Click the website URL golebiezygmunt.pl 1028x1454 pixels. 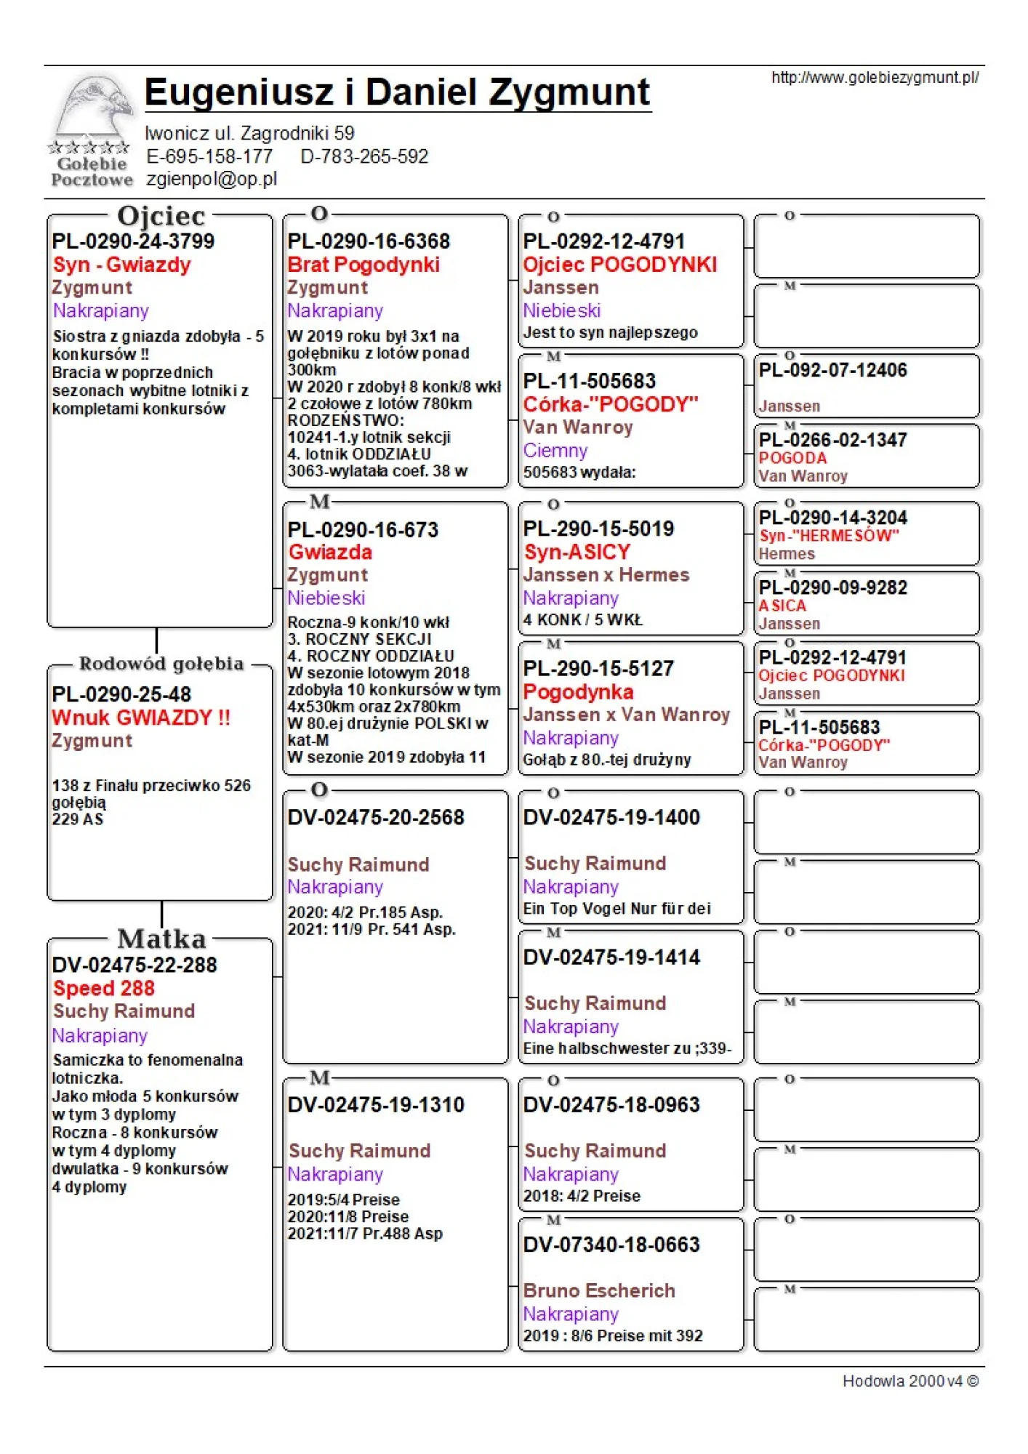click(875, 78)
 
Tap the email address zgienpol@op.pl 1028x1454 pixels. click(212, 179)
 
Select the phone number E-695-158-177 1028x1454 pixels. click(209, 156)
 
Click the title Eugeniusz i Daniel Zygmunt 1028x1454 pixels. click(397, 93)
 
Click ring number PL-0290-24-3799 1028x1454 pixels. click(133, 241)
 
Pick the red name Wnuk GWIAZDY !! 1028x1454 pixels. click(141, 718)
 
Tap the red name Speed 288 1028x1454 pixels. click(104, 989)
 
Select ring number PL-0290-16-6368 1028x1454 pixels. click(369, 241)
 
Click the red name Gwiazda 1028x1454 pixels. click(330, 553)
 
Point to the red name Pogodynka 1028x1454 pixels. click(578, 692)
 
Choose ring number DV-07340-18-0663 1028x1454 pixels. click(611, 1245)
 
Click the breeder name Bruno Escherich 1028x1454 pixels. click(599, 1290)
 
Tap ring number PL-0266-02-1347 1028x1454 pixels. click(832, 440)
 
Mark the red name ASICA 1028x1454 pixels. click(782, 606)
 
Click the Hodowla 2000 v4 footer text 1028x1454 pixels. click(910, 1381)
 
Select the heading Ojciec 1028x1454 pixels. click(161, 216)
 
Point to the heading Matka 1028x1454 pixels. click(162, 939)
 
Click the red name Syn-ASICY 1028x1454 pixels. click(577, 553)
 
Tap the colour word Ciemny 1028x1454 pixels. click(555, 451)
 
